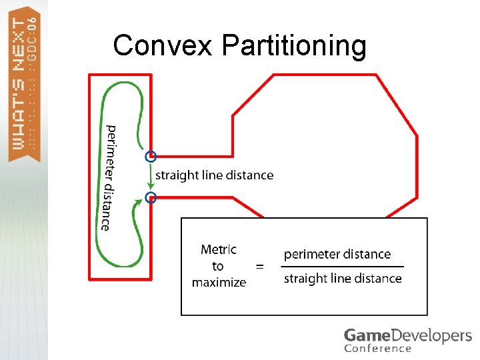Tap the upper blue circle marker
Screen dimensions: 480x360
151,157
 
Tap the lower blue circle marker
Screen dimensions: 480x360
151,197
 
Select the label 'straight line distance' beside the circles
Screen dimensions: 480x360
214,175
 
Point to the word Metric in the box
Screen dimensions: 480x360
219,250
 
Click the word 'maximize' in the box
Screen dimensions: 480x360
219,283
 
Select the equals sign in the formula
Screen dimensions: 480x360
260,267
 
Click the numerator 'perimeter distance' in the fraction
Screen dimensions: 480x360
337,254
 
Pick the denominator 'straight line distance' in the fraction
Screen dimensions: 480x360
343,279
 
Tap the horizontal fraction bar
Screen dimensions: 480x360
343,267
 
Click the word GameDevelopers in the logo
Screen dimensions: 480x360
407,335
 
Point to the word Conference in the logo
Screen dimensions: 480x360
377,348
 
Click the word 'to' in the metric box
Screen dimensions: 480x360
218,266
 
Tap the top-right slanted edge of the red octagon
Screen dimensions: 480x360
397,105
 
